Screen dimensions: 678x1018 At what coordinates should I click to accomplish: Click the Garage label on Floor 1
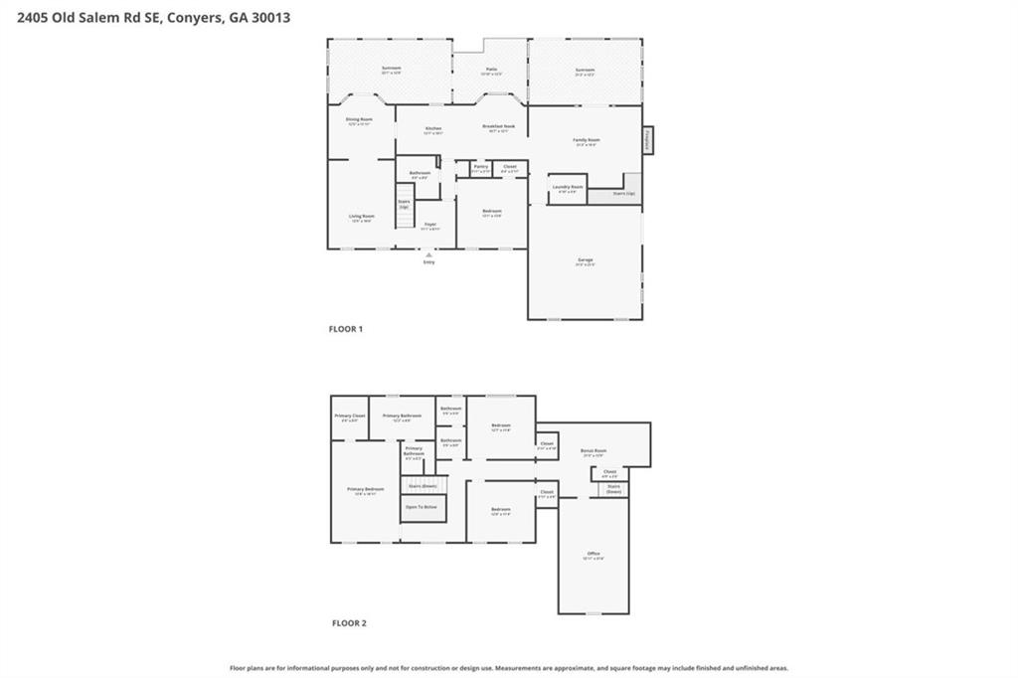585,260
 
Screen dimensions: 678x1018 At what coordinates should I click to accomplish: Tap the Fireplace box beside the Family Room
648,140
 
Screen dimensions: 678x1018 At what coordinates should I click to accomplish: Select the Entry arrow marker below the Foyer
428,254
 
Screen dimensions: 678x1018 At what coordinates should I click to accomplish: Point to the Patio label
491,70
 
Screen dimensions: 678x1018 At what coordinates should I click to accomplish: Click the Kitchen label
433,128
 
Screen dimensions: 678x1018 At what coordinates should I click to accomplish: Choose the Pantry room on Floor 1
480,167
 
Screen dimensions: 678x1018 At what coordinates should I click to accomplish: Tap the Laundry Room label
568,187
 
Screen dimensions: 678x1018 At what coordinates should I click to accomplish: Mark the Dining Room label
359,119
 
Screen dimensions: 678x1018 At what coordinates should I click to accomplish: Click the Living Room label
361,217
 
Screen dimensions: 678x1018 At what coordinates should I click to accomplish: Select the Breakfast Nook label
498,127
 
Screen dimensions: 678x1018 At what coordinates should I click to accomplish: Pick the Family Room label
587,140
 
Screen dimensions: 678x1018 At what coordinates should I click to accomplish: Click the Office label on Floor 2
593,554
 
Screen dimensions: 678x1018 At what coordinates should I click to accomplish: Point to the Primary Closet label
350,416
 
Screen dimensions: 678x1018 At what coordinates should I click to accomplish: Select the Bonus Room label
594,451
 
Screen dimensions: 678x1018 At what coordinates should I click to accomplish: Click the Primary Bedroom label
365,489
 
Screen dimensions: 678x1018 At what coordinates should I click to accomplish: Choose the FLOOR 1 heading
346,329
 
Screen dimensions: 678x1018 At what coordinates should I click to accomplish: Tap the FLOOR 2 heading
349,623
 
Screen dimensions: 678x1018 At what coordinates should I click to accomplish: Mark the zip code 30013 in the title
269,17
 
